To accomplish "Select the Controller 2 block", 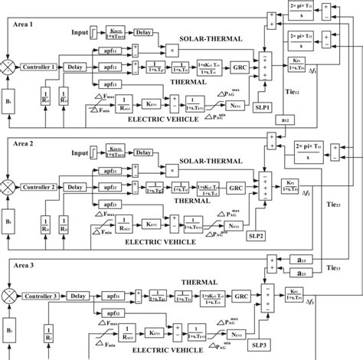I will pyautogui.click(x=39, y=187).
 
